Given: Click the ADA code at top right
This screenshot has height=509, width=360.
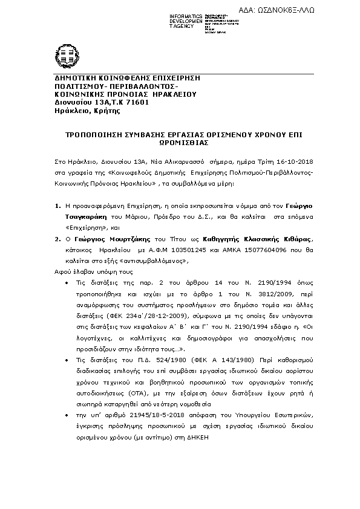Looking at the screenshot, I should (x=290, y=10).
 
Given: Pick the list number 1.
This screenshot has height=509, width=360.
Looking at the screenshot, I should (x=56, y=206).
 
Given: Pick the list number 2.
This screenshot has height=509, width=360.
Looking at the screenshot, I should (x=56, y=239).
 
